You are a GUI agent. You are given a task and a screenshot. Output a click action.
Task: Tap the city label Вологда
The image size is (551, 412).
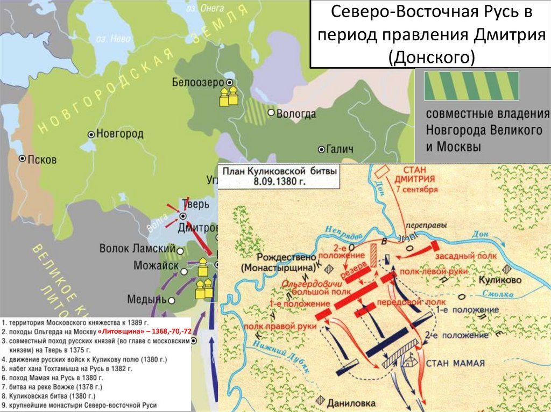click(x=295, y=113)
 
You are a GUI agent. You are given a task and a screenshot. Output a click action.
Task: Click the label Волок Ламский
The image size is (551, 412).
click(x=137, y=249)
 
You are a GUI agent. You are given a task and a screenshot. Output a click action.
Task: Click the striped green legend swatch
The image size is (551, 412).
click(x=471, y=85)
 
